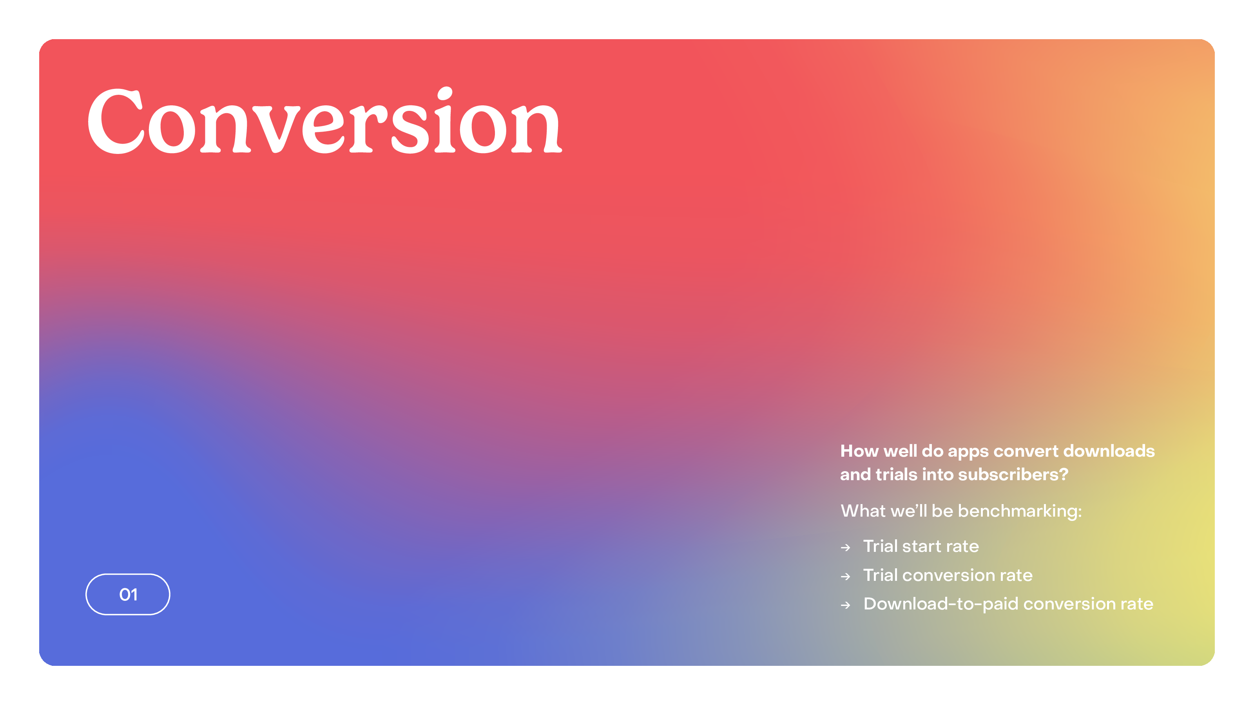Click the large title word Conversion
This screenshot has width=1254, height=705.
click(325, 121)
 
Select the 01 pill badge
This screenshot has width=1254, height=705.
click(128, 594)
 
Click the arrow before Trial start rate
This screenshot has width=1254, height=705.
click(846, 548)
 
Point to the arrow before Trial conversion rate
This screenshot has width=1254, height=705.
click(846, 577)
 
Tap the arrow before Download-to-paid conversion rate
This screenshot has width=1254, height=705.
click(846, 605)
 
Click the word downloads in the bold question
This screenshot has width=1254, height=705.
click(1109, 451)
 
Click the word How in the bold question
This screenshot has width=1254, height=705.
click(860, 451)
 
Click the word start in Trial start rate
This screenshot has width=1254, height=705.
click(922, 546)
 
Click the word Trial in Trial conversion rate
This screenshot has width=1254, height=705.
click(881, 575)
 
